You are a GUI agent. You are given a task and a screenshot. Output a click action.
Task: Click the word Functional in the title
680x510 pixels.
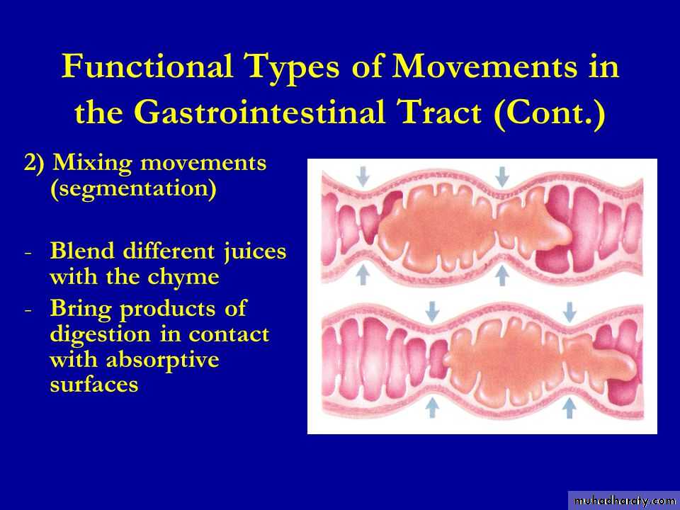pos(147,66)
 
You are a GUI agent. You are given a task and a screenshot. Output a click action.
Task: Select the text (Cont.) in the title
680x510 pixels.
pos(550,113)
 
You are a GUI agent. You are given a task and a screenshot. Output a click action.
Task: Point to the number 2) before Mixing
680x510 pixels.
pos(34,163)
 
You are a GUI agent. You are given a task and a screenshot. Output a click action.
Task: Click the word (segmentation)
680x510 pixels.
pos(133,188)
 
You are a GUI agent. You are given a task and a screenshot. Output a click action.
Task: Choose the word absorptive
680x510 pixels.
pos(163,360)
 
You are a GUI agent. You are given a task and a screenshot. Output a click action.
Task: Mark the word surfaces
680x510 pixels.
pos(94,385)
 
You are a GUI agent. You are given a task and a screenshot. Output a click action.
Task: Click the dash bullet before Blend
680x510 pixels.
pos(28,253)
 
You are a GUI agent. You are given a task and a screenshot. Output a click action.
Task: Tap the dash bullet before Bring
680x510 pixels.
pos(28,310)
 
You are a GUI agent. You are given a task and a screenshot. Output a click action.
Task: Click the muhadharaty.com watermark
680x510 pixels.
pos(624,501)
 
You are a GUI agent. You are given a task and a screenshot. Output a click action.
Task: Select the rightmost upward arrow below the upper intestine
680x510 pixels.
pos(501,276)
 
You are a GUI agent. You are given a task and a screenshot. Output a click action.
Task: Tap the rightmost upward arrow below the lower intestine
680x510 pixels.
pos(569,408)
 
